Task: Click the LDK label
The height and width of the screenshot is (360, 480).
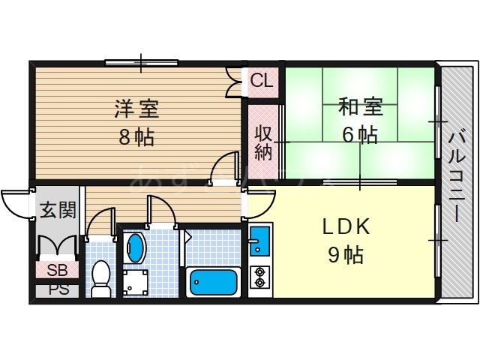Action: [x=346, y=226]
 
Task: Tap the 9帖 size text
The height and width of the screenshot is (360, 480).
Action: [x=346, y=255]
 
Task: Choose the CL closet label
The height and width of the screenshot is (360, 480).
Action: [x=262, y=79]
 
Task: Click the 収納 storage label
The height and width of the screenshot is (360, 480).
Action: [x=262, y=142]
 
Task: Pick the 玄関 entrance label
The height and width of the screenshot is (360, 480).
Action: [x=57, y=210]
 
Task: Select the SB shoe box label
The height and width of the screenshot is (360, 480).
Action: [x=56, y=271]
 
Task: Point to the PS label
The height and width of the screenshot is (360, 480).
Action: [x=56, y=289]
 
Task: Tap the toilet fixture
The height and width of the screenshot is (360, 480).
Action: [x=99, y=277]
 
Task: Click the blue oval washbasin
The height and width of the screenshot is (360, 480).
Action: [x=136, y=247]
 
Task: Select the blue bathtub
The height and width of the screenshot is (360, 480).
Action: [x=214, y=283]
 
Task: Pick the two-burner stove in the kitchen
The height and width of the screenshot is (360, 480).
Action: [x=261, y=277]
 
